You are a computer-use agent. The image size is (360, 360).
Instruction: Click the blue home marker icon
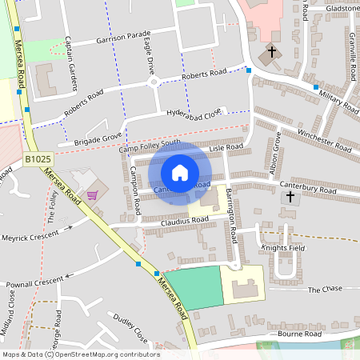[x=180, y=173]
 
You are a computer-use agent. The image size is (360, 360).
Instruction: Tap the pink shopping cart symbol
[x=93, y=194]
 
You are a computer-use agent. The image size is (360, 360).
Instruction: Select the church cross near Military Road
[x=271, y=53]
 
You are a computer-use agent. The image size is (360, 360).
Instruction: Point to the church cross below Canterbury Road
[x=290, y=195]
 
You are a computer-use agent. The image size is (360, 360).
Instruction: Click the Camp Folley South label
[x=150, y=146]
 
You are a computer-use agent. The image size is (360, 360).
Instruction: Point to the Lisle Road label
[x=226, y=148]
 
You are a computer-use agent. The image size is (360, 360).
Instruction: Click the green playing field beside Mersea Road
[x=193, y=287]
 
